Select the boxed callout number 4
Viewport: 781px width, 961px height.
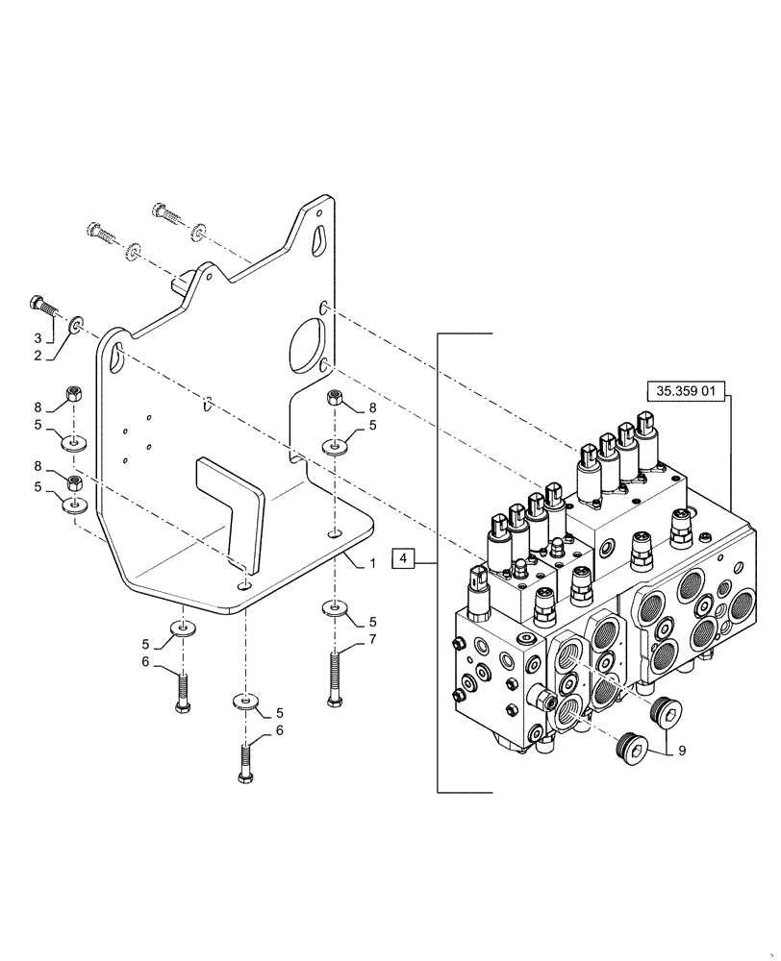tap(405, 557)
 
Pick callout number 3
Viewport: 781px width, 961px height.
tap(39, 339)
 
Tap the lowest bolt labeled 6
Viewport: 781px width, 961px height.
tap(245, 759)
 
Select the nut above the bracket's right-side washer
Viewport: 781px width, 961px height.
tap(333, 397)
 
